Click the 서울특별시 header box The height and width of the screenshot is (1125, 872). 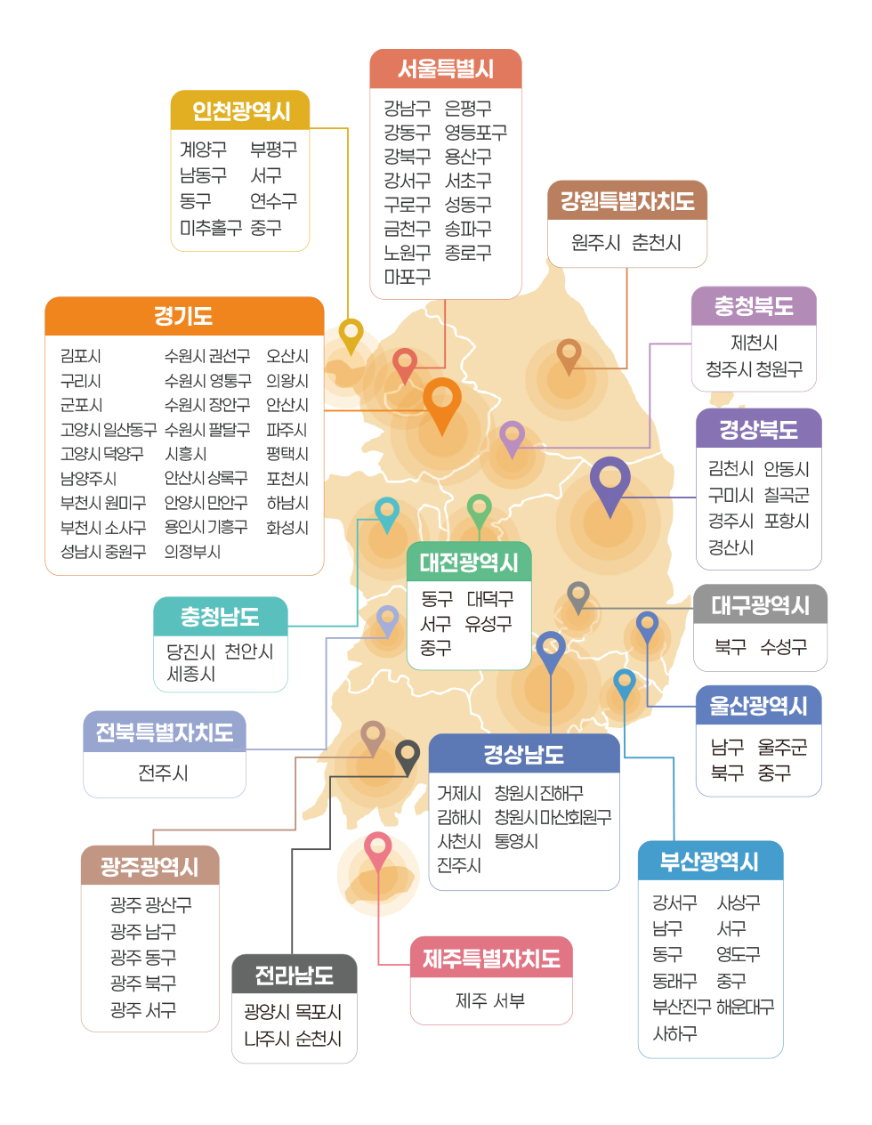(x=445, y=69)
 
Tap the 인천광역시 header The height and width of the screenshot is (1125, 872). (x=240, y=111)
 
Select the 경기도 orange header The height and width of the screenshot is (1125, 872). (x=183, y=316)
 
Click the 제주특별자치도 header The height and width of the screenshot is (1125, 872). (x=491, y=959)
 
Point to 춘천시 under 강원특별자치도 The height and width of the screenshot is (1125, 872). (x=657, y=243)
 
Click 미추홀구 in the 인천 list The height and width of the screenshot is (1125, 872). (x=210, y=228)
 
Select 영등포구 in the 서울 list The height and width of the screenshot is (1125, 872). (x=475, y=133)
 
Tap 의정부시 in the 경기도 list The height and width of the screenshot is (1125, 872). (x=192, y=552)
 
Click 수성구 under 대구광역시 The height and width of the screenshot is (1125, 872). (x=783, y=647)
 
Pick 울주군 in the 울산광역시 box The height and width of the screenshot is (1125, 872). (x=782, y=748)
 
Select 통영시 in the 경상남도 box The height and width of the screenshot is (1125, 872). (x=516, y=841)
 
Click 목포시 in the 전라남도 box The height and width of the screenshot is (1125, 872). (x=319, y=1012)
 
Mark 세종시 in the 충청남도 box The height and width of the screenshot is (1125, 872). (x=191, y=674)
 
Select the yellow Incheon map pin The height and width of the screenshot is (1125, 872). (x=351, y=335)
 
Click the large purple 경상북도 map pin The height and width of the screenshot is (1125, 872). (x=610, y=481)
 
